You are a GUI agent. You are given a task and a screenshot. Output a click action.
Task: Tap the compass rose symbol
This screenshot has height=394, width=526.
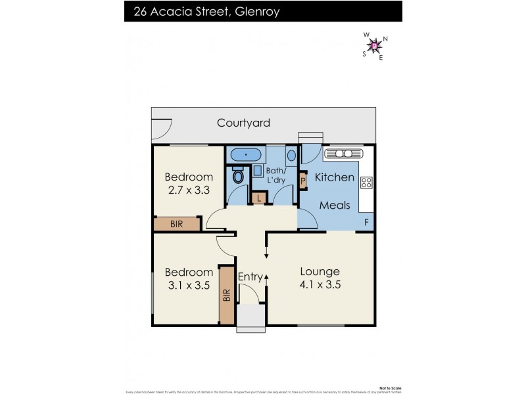pyautogui.click(x=375, y=46)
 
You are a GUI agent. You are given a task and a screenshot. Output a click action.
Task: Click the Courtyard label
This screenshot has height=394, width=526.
pyautogui.click(x=243, y=123)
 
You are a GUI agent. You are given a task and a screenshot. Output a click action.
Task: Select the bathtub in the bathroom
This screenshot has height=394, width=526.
pyautogui.click(x=245, y=155)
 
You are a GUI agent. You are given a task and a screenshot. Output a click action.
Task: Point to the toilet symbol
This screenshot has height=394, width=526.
pyautogui.click(x=237, y=176)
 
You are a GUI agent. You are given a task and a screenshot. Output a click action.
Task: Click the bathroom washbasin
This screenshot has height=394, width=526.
pyautogui.click(x=291, y=157)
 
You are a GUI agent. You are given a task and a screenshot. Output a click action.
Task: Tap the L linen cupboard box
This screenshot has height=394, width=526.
pyautogui.click(x=259, y=198)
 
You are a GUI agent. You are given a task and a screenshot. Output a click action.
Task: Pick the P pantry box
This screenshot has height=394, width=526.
pyautogui.click(x=302, y=181)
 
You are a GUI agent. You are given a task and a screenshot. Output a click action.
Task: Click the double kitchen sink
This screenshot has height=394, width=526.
pyautogui.click(x=341, y=154)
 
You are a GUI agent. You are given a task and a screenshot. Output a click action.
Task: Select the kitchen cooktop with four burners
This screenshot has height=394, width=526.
pyautogui.click(x=367, y=184)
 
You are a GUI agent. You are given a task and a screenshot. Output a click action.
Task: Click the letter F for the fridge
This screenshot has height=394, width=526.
pyautogui.click(x=366, y=222)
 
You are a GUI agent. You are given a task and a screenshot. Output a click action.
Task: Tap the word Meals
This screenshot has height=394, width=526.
pyautogui.click(x=334, y=205)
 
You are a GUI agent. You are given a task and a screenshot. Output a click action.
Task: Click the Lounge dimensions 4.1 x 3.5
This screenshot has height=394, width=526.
pyautogui.click(x=320, y=285)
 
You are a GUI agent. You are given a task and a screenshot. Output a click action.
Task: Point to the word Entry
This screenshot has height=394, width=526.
pyautogui.click(x=250, y=276)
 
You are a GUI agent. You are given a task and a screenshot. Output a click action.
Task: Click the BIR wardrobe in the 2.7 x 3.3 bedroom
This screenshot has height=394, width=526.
pyautogui.click(x=177, y=224)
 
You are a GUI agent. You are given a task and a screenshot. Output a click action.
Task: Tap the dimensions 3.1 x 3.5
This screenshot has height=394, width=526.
pyautogui.click(x=189, y=285)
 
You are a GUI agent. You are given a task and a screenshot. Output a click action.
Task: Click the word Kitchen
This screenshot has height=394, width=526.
pyautogui.click(x=334, y=177)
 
